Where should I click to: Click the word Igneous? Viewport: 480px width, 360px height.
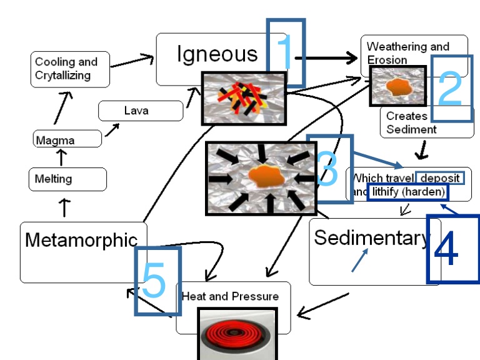(217, 54)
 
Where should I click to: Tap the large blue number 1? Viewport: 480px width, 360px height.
(284, 54)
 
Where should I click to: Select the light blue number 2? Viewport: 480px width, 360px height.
(450, 89)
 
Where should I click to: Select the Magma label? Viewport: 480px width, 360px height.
(55, 141)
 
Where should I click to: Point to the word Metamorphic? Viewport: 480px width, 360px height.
(81, 241)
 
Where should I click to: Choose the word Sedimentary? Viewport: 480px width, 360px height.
(372, 238)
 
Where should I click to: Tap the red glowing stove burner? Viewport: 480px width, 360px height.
(234, 333)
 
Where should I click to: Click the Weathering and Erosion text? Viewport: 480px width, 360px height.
(407, 53)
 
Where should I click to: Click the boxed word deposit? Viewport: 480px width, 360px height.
(440, 178)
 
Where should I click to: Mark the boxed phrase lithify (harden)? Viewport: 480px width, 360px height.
(407, 192)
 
